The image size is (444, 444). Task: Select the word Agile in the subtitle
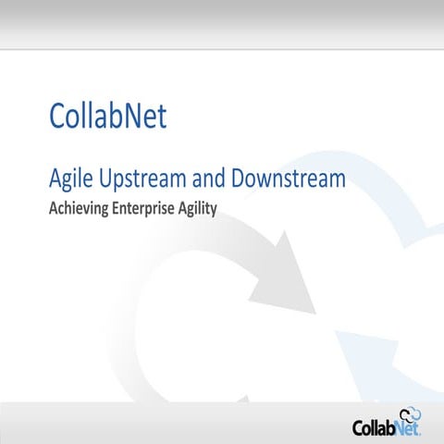(x=68, y=179)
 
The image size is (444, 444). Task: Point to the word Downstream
(x=291, y=179)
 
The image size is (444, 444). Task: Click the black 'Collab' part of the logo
(x=375, y=428)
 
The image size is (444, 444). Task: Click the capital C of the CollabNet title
(x=57, y=117)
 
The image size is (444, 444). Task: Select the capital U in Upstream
(x=105, y=179)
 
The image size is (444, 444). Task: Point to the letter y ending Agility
(x=213, y=211)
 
